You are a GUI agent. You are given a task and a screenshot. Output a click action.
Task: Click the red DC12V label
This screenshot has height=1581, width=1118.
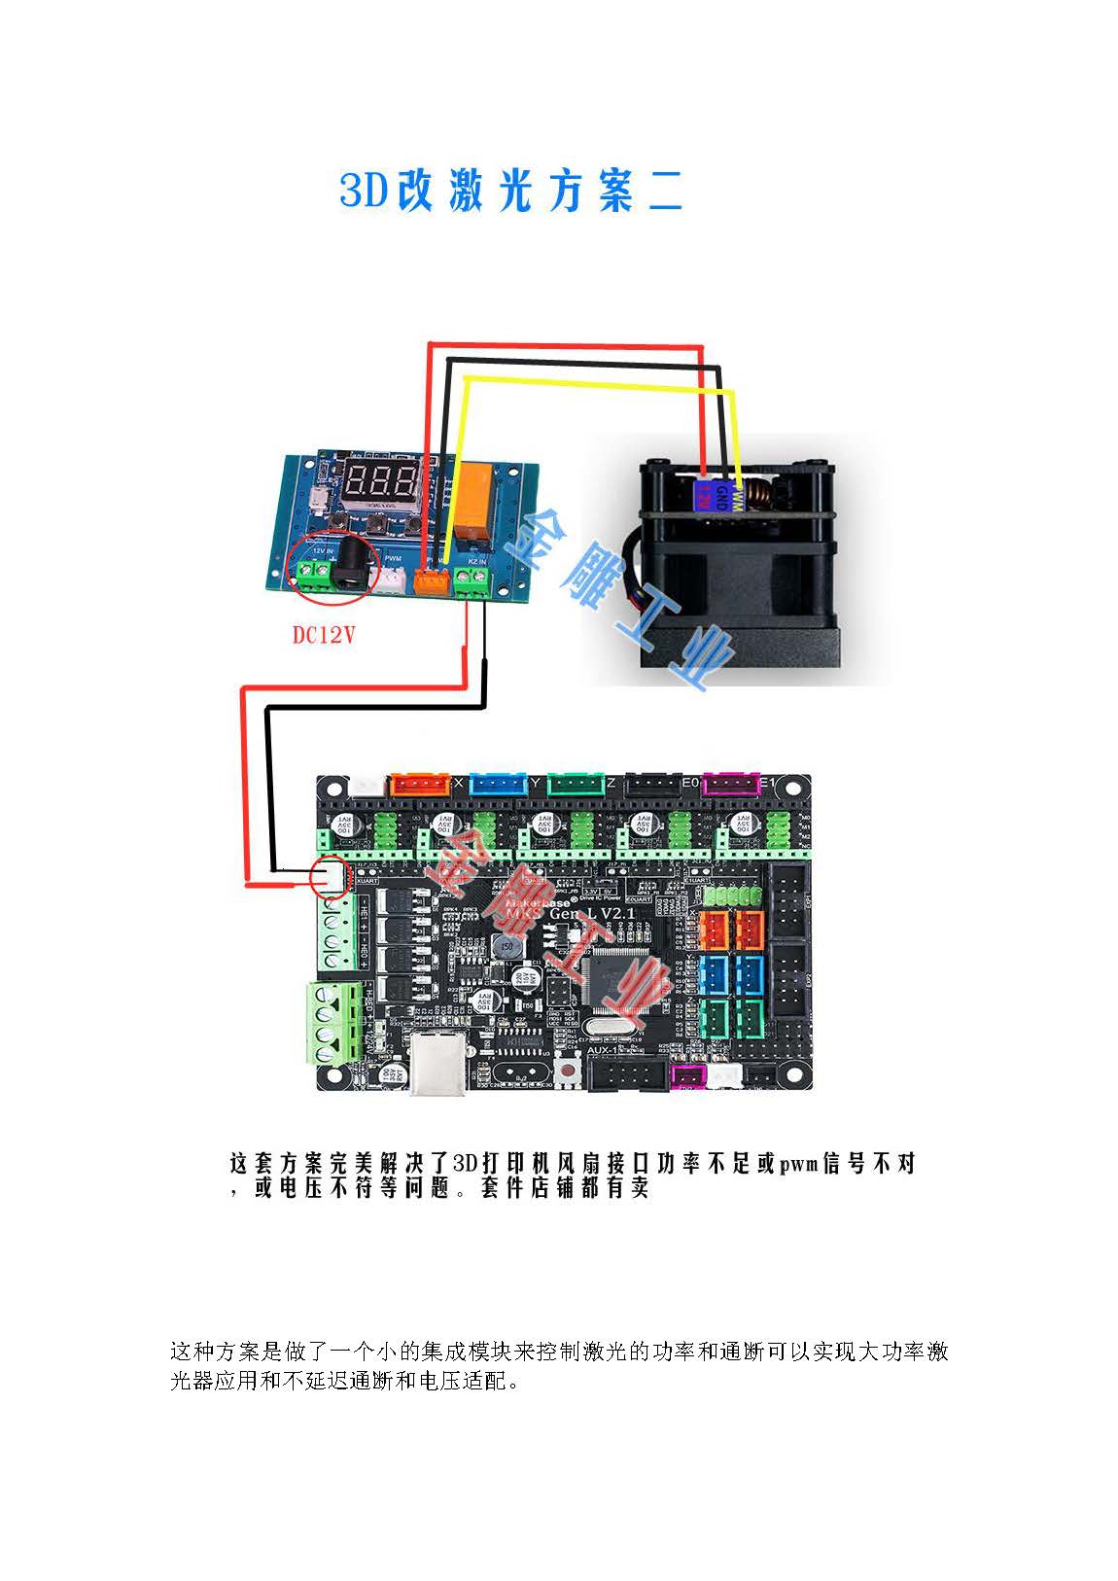[x=324, y=635]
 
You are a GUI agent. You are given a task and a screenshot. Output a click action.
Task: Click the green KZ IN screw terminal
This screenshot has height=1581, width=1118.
[x=472, y=582]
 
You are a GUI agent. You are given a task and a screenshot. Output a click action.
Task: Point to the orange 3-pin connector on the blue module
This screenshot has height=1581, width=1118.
[x=432, y=580]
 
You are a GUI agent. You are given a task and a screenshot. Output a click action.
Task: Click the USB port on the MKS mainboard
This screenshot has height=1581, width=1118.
[x=437, y=1065]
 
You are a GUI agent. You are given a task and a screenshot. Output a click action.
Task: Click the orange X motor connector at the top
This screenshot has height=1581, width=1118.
[x=419, y=785]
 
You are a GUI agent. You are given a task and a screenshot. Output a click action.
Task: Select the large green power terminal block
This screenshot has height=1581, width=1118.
[x=333, y=1022]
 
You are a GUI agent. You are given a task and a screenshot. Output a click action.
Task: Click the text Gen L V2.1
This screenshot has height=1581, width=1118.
[x=591, y=915]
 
